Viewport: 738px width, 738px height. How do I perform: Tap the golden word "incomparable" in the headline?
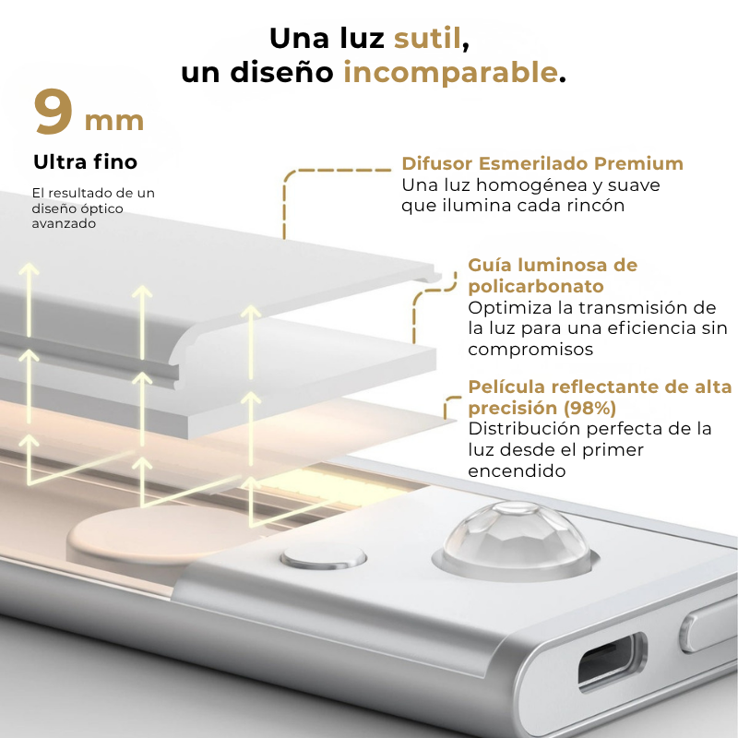pos(450,73)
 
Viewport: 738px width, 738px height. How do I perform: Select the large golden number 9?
pos(54,113)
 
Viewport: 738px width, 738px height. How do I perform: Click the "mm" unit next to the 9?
pos(114,121)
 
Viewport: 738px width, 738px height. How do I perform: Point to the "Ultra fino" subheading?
pos(85,162)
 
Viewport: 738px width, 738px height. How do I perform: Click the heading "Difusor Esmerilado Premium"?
pos(542,164)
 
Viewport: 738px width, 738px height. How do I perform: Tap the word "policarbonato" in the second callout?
pos(536,287)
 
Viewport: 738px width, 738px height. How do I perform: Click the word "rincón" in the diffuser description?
pos(593,206)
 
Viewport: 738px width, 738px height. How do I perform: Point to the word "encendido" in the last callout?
pos(516,470)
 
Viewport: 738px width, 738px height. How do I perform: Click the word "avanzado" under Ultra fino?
pos(64,223)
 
